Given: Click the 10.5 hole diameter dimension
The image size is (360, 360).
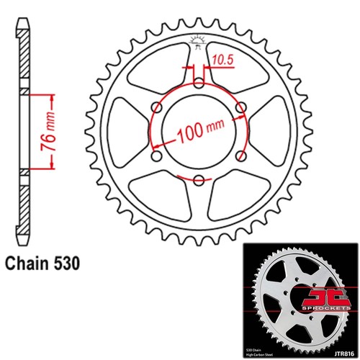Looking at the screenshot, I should pos(220,62).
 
